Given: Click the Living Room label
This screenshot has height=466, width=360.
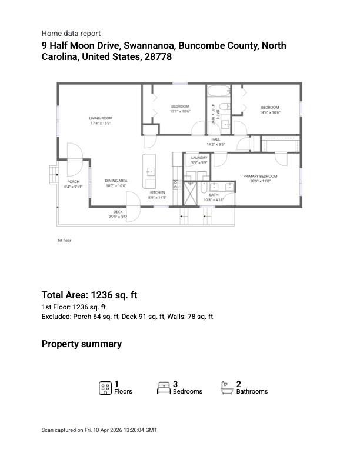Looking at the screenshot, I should coord(101,118).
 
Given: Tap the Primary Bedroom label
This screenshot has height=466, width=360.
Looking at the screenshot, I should coord(260,176).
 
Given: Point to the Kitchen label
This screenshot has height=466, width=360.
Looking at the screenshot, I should coord(156,192).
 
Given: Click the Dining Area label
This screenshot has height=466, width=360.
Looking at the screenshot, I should coord(116,181).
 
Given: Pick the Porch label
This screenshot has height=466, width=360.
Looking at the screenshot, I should coord(74,182).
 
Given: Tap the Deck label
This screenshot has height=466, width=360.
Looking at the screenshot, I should coord(118,212).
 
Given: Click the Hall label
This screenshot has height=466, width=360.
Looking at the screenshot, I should coord(216,139).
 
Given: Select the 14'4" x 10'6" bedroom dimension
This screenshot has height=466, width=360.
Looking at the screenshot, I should coord(271,112).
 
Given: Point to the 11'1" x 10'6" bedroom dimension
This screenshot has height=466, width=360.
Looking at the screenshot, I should coord(180,111).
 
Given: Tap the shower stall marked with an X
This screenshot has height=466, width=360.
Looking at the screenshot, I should coord(192,193).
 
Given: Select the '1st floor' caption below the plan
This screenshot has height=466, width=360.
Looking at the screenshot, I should coord(64,241).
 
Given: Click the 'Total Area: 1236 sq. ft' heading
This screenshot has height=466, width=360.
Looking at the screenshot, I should coord(89,295).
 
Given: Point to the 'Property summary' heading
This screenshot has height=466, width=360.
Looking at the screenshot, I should coord(82,344).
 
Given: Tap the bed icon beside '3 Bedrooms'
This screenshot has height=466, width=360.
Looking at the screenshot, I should coord(164,388).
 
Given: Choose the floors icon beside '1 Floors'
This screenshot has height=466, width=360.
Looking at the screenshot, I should coord(105,388).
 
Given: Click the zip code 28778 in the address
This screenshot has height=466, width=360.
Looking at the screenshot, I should coord(158,57).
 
